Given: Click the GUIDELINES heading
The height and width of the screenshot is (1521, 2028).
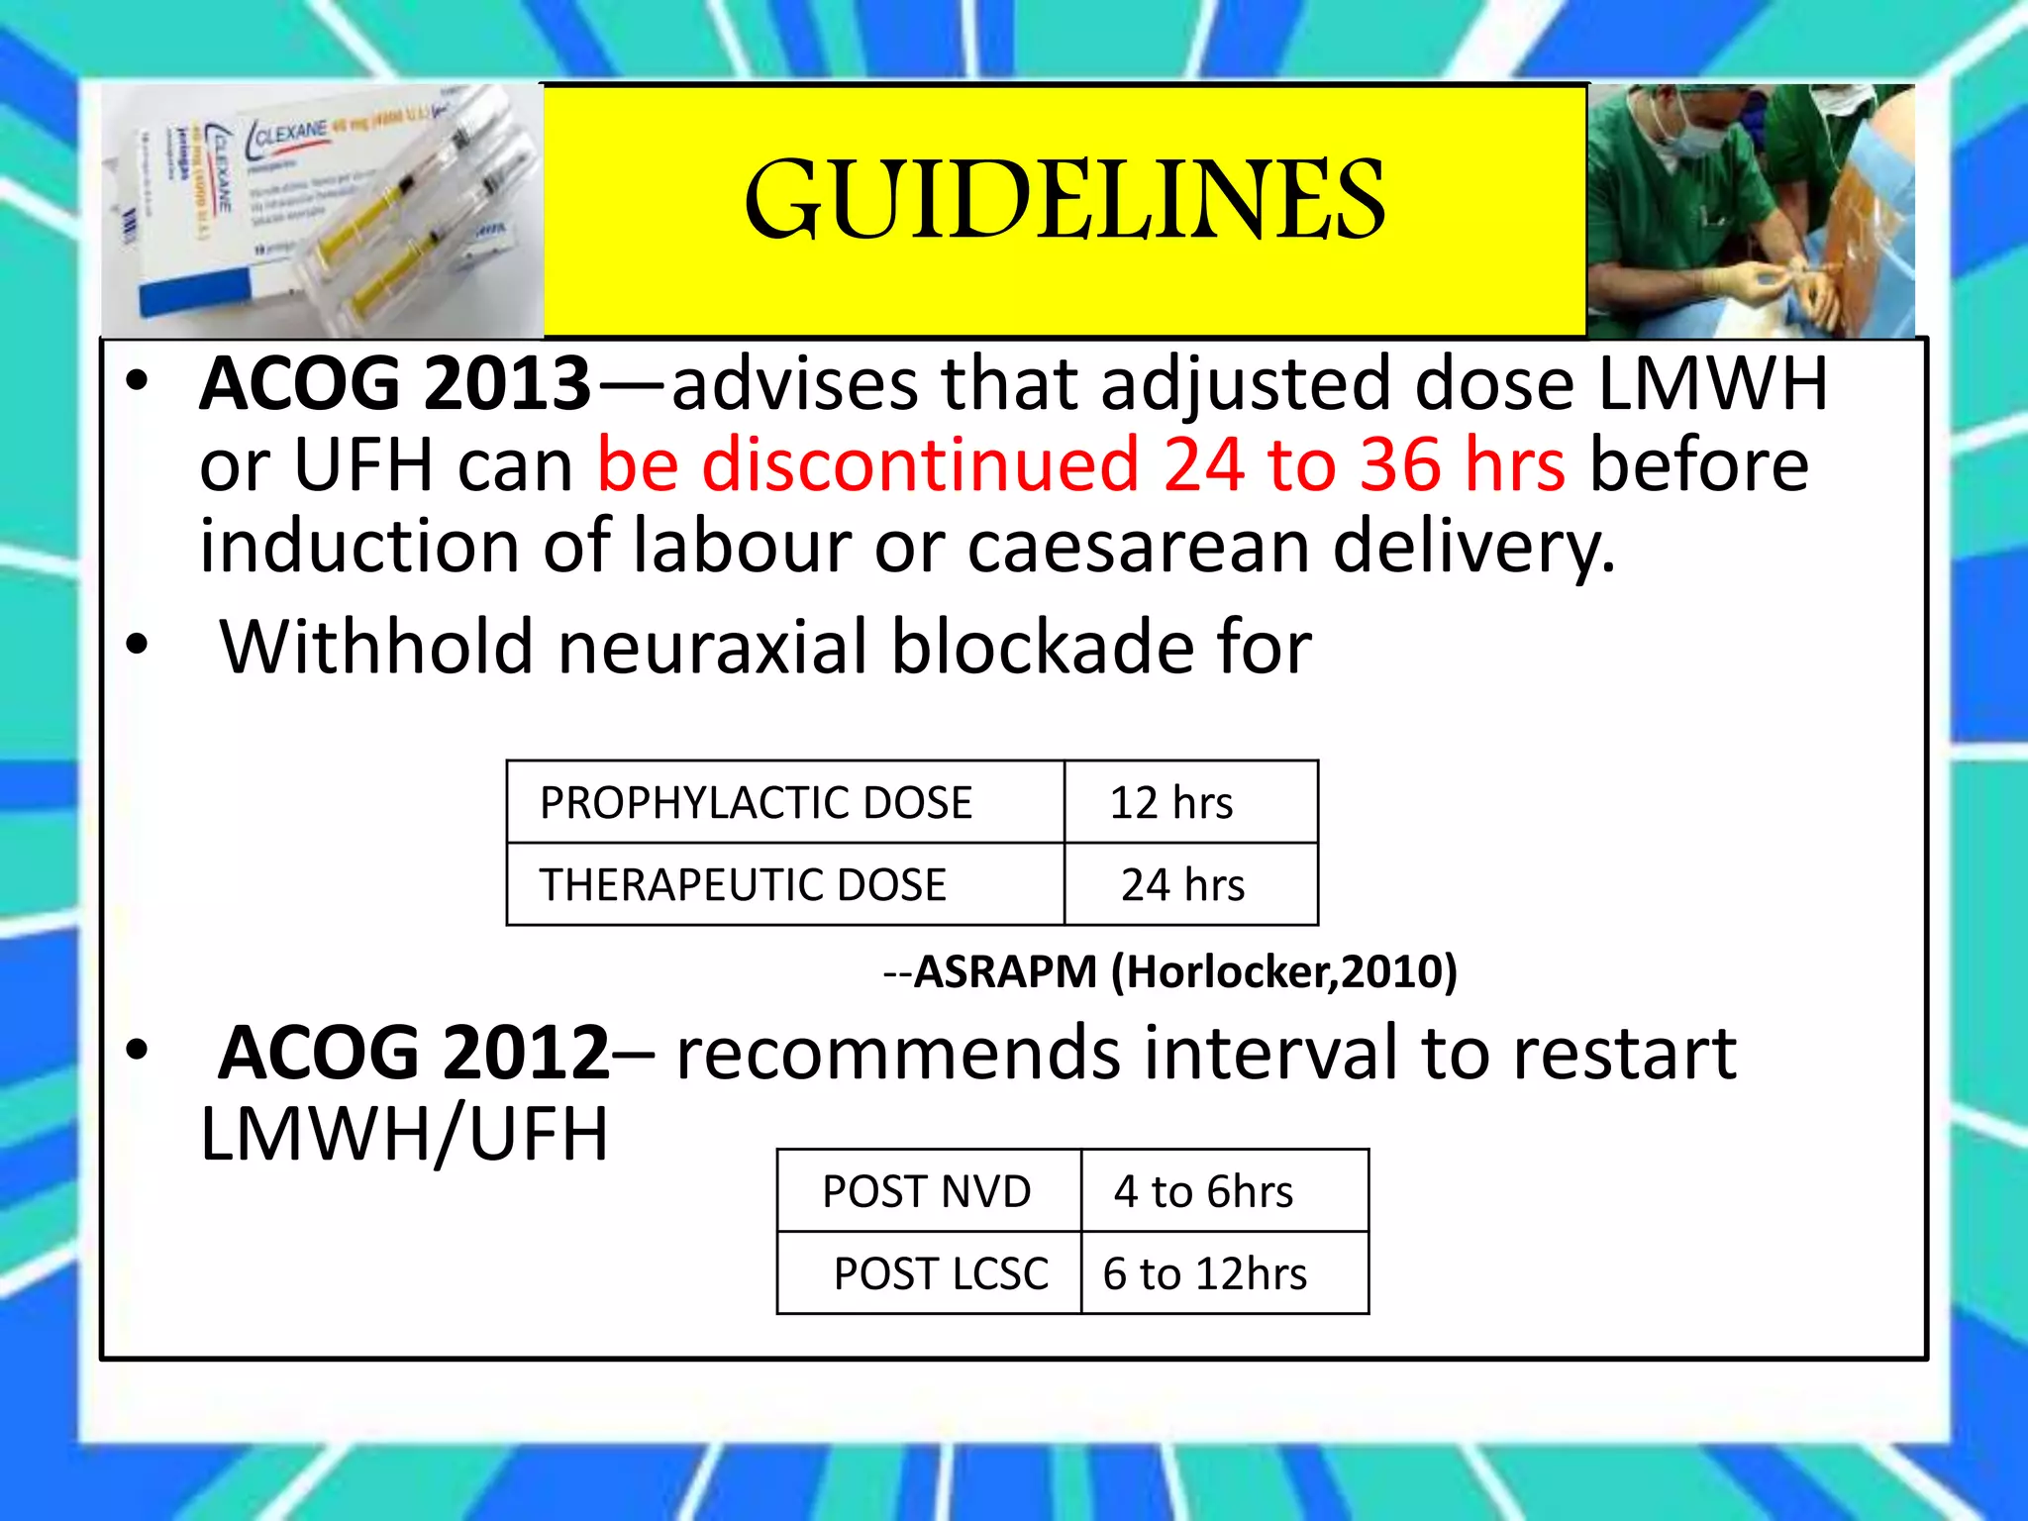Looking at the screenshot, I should coord(1065,201).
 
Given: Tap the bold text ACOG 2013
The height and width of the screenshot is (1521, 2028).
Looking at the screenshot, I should coord(395,384).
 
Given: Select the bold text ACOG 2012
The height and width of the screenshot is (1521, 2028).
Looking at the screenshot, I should coord(414,1054).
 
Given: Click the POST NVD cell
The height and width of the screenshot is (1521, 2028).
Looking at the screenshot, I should coord(928,1191).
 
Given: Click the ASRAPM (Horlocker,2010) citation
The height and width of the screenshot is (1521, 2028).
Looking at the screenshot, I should coord(1184,971).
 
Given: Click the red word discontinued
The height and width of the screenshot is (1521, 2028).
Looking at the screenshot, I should coord(920,465).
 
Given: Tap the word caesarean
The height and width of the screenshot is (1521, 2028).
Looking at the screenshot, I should coord(1138,547).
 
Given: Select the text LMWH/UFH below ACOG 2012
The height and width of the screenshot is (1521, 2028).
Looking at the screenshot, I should coord(404,1135).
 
